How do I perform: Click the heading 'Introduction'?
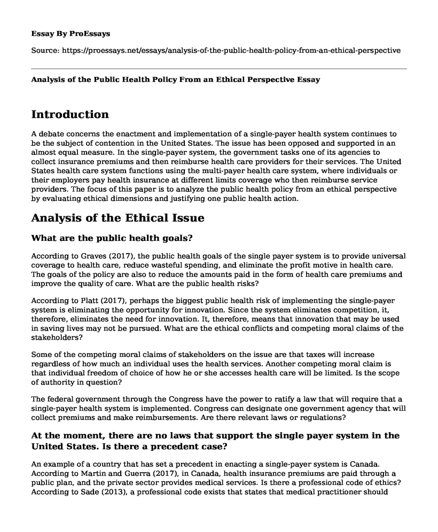tap(70, 114)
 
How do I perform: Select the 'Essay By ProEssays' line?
tap(71, 33)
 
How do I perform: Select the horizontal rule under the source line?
tap(219, 68)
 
